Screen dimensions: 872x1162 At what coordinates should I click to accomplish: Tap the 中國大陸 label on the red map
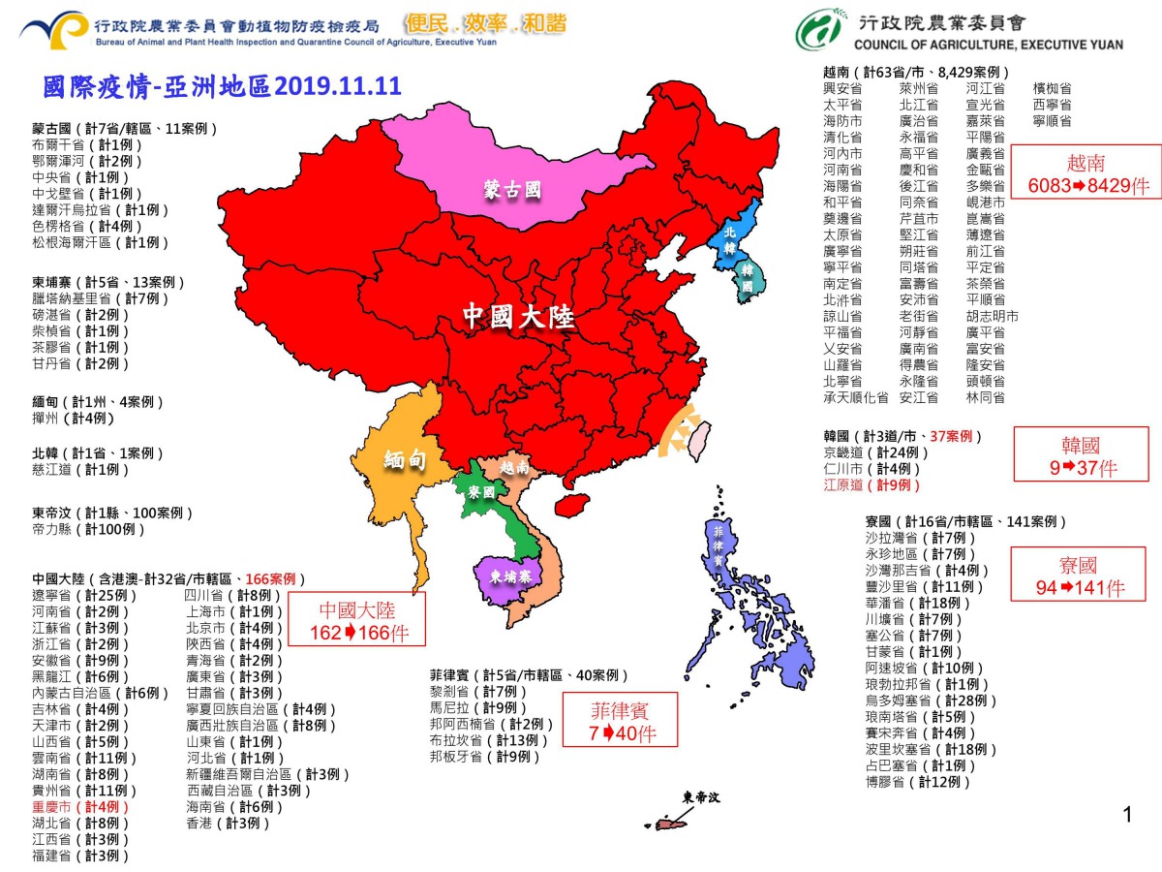coord(518,317)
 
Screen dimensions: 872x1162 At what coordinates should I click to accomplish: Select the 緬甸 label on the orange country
coord(406,459)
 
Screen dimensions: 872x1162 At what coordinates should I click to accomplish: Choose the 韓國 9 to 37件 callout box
coord(1081,455)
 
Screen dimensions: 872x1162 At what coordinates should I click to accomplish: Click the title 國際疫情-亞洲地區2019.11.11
coord(222,86)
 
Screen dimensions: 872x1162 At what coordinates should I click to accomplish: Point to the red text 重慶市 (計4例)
coord(80,806)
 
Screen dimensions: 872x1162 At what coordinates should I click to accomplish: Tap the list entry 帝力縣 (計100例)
coord(89,529)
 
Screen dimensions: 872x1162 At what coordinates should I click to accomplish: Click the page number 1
coord(1127,815)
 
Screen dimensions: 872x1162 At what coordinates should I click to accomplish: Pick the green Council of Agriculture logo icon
coord(818,30)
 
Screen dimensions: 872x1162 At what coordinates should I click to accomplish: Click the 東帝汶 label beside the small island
coord(701,797)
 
